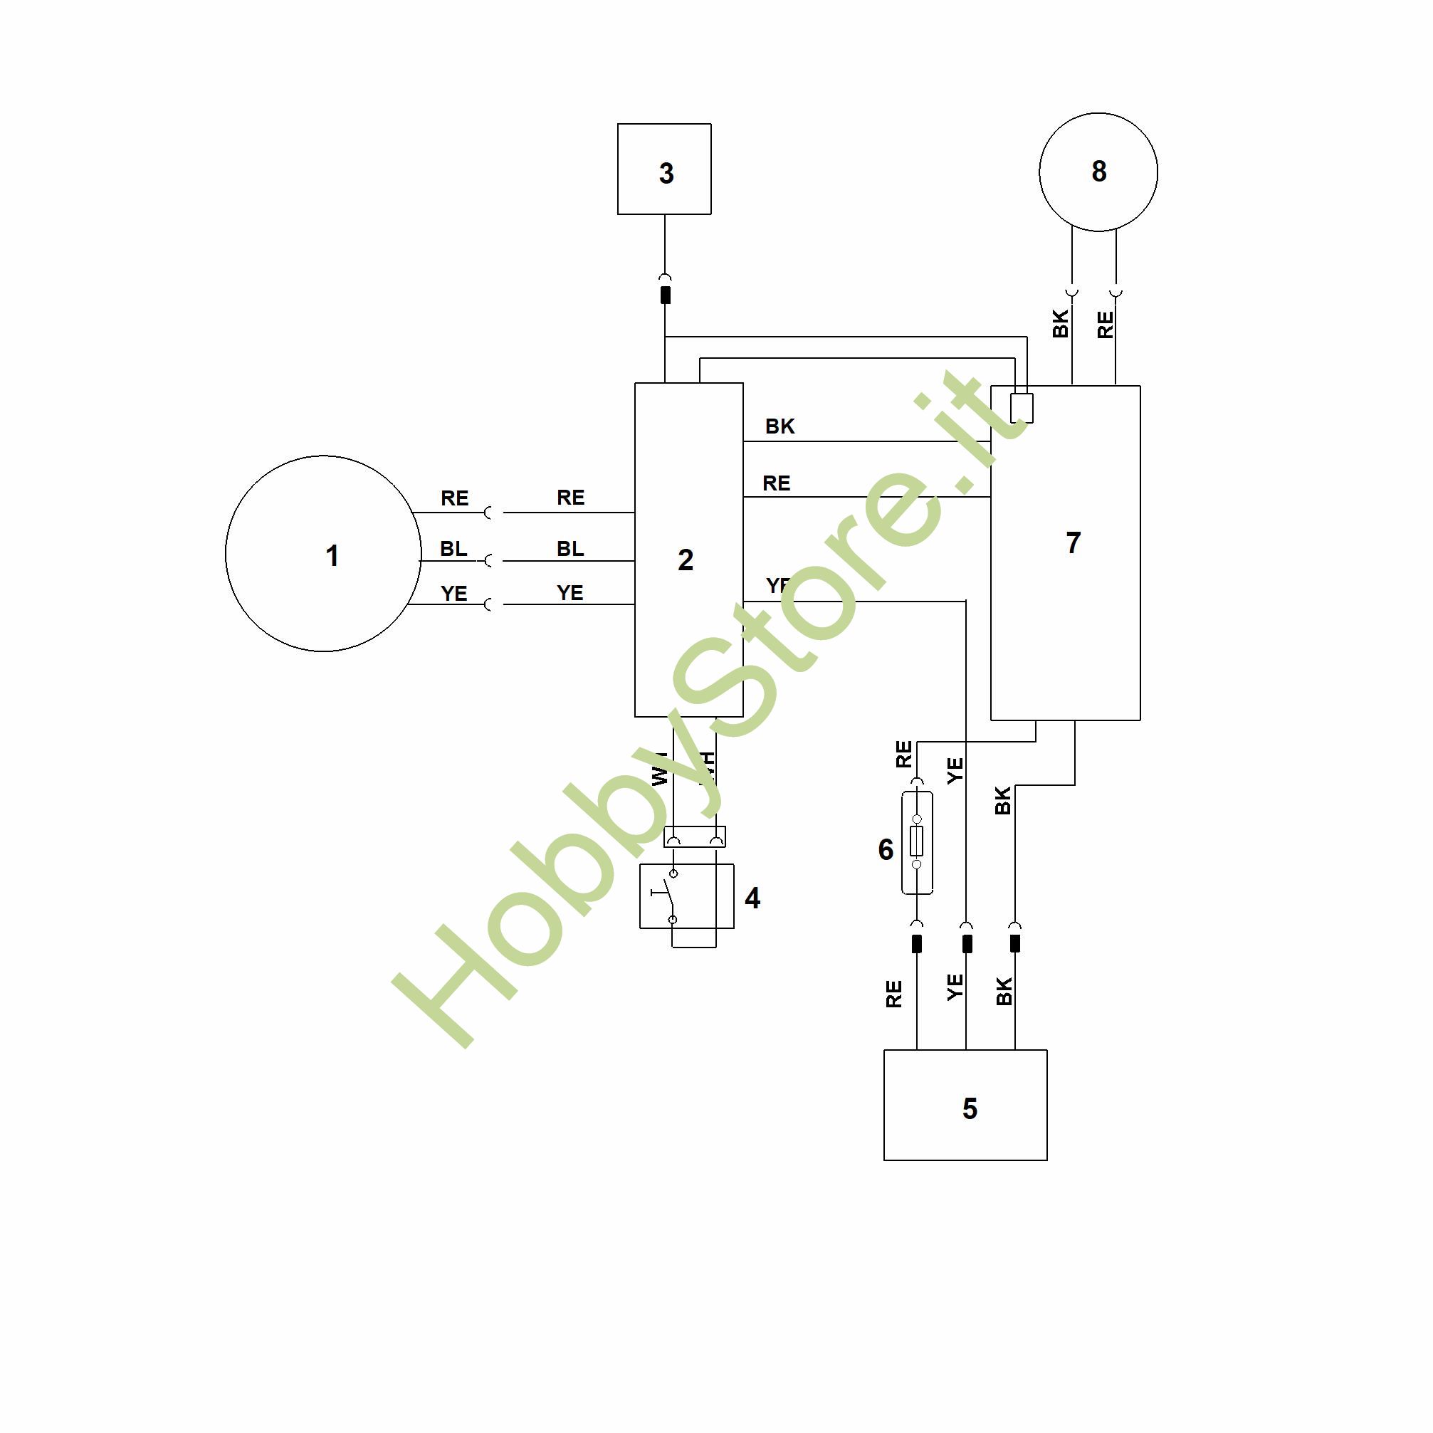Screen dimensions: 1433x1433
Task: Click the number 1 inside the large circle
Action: [332, 555]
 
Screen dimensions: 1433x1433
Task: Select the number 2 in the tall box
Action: [686, 560]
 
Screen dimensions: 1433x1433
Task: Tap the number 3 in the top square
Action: [666, 174]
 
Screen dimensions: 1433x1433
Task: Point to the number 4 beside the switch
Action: [752, 898]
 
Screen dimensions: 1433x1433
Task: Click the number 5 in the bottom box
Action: [970, 1108]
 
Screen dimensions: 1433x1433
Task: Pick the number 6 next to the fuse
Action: [886, 849]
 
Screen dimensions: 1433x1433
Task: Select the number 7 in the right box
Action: [1073, 543]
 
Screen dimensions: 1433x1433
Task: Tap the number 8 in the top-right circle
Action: [1099, 172]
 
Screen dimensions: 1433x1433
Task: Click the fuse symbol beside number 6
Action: [917, 843]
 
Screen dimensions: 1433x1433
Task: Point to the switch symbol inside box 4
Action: [671, 896]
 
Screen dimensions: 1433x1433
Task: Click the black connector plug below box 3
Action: [666, 295]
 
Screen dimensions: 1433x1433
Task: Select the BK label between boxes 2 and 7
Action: [780, 426]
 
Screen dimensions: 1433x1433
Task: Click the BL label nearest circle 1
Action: [453, 549]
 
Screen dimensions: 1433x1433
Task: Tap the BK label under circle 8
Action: [1061, 324]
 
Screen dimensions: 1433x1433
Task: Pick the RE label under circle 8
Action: [1105, 324]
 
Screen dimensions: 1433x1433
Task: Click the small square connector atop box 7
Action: [1022, 407]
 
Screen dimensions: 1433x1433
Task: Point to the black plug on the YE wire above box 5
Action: [967, 943]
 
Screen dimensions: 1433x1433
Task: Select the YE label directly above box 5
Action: [955, 987]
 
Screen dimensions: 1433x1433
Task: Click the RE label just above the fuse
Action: [903, 755]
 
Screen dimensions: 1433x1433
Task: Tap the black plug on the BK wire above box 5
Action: [1014, 943]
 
